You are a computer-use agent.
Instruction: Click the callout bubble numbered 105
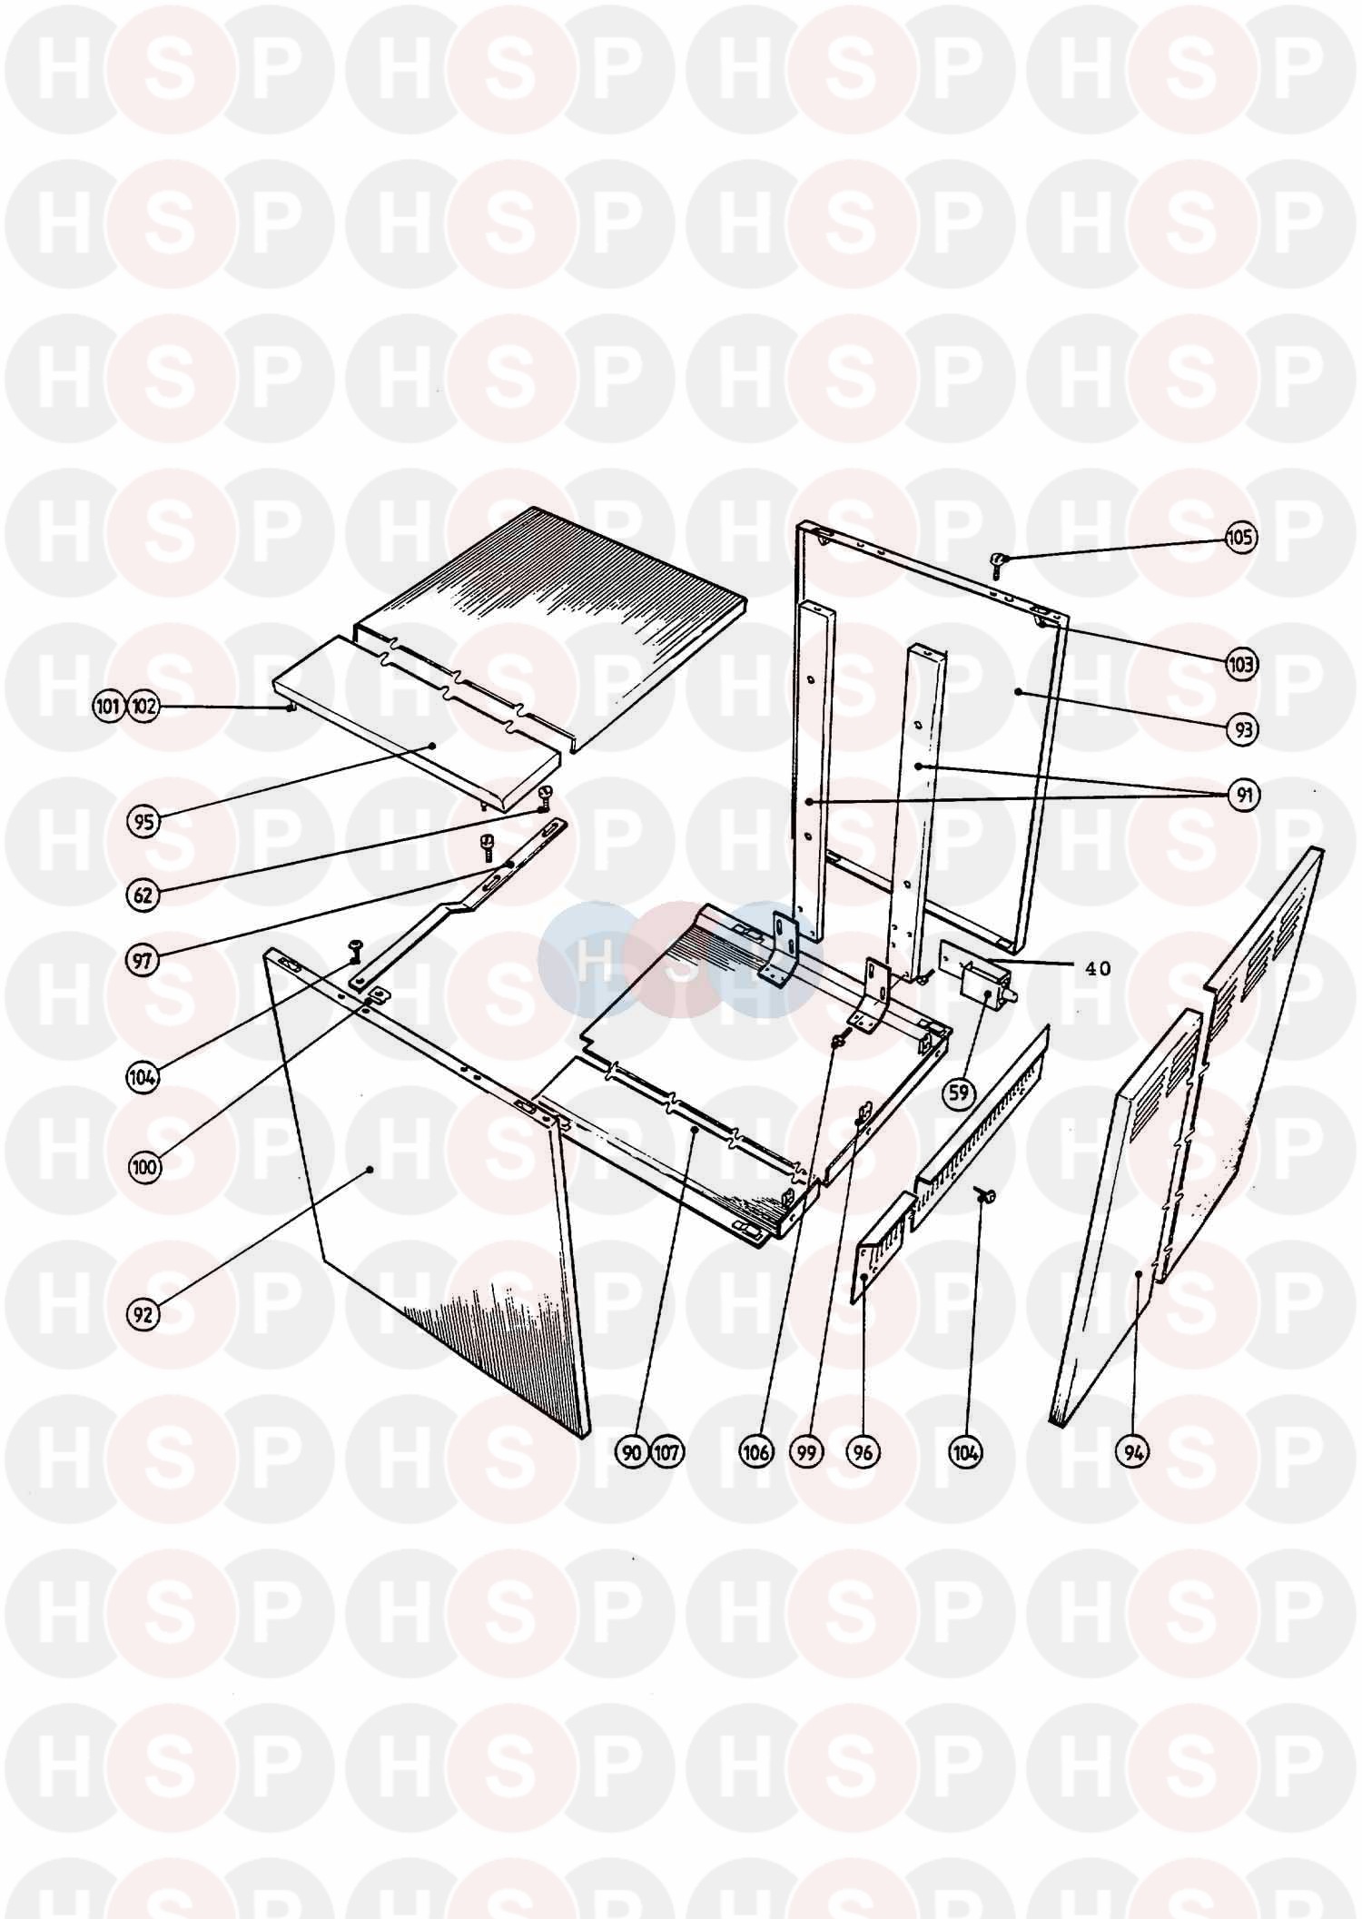pos(1240,538)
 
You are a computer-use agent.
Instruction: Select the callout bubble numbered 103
pos(1240,665)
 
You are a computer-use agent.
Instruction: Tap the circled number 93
pos(1243,729)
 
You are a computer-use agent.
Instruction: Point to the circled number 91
pos(1244,796)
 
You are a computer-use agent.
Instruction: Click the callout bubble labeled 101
pos(109,707)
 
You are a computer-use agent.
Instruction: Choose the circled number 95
pos(143,823)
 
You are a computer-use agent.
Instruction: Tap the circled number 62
pos(143,895)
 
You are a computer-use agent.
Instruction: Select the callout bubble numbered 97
pos(143,961)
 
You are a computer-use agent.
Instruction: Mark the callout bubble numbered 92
pos(143,1314)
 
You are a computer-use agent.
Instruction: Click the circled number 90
pos(632,1452)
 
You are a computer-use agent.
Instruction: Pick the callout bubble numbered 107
pos(667,1452)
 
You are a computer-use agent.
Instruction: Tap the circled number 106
pos(756,1452)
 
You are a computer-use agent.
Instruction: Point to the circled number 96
pos(863,1452)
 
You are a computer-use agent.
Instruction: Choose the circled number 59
pos(960,1093)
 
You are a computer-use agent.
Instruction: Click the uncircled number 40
pos(1098,969)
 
